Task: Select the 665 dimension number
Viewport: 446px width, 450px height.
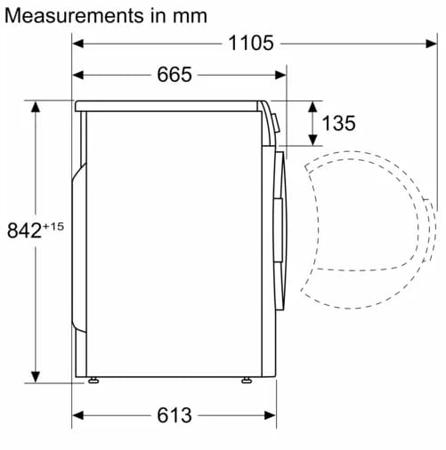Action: click(x=174, y=75)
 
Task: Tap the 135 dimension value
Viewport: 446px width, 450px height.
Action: click(x=338, y=124)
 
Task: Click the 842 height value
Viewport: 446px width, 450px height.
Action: click(x=24, y=231)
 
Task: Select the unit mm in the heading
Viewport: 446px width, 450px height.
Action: click(x=191, y=16)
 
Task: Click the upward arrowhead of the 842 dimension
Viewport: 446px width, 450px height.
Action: click(x=36, y=108)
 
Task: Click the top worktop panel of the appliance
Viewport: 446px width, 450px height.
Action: click(x=169, y=106)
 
